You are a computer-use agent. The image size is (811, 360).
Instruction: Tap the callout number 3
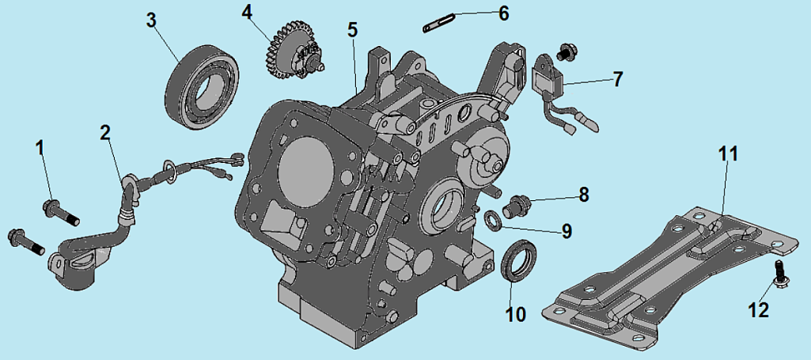151,20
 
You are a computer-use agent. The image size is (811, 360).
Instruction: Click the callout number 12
758,310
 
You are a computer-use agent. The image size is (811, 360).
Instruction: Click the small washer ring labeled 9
492,219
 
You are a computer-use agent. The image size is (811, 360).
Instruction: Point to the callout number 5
352,30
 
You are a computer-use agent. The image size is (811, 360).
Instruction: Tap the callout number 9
567,231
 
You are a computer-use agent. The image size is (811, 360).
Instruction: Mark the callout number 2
105,132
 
